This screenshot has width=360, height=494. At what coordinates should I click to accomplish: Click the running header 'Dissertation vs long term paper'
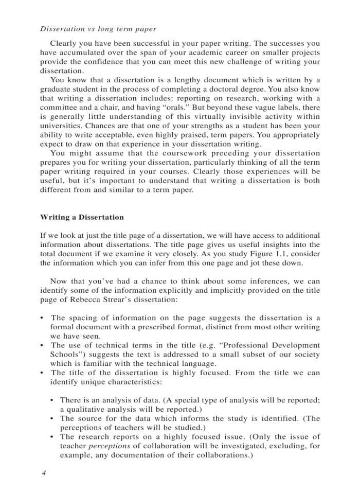click(98, 29)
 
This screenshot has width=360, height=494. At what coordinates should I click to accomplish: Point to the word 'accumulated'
click(85, 53)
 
